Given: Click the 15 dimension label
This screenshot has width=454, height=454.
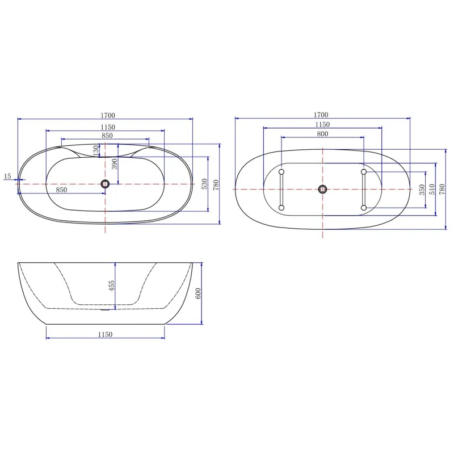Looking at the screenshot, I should (x=7, y=176).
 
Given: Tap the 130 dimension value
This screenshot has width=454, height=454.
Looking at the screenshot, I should (x=95, y=150).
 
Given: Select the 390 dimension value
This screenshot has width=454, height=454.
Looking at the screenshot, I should (x=114, y=164).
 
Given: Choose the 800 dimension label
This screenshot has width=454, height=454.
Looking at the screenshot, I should (x=322, y=134).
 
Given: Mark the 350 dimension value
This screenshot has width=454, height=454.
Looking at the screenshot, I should (x=422, y=190).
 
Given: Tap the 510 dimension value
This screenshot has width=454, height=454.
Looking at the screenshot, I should (x=432, y=190).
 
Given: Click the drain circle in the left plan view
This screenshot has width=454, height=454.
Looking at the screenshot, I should (x=105, y=183).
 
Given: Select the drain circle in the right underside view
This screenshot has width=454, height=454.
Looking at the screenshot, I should (x=322, y=189).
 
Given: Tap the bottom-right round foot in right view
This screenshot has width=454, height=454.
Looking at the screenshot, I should (x=363, y=208).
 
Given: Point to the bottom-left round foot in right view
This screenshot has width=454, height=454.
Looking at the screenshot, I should (x=281, y=208).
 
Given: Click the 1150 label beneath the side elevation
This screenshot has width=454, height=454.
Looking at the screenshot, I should (x=105, y=334).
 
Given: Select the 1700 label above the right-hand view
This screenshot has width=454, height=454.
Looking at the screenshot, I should (x=321, y=115).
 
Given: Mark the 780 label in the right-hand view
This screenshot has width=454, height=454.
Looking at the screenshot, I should (x=442, y=189).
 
